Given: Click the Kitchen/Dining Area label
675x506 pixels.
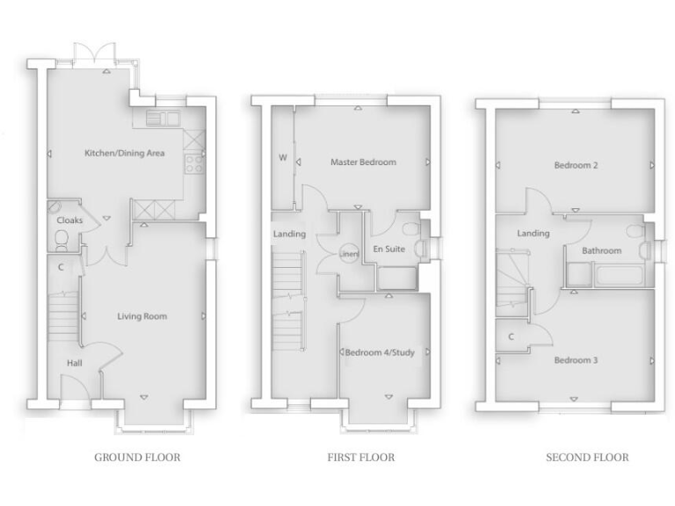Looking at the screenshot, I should [124, 154].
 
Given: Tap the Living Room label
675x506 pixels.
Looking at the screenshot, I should [142, 316].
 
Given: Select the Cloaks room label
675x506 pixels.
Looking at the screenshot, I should [69, 220].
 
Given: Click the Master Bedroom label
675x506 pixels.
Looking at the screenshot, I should [363, 162].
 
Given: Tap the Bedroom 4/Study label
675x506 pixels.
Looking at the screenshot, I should [380, 352].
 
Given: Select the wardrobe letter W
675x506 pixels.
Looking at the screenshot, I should [283, 159].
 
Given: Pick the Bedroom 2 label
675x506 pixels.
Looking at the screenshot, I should [576, 164].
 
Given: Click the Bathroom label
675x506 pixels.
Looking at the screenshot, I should [602, 251].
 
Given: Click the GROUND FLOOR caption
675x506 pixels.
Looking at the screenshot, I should [137, 457].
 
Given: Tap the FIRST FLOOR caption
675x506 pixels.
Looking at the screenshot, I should [361, 457].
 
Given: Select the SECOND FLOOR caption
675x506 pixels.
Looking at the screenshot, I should [587, 457].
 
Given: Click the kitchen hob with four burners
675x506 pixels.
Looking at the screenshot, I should [194, 163].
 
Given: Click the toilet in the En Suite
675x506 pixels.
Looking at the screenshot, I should [410, 229].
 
